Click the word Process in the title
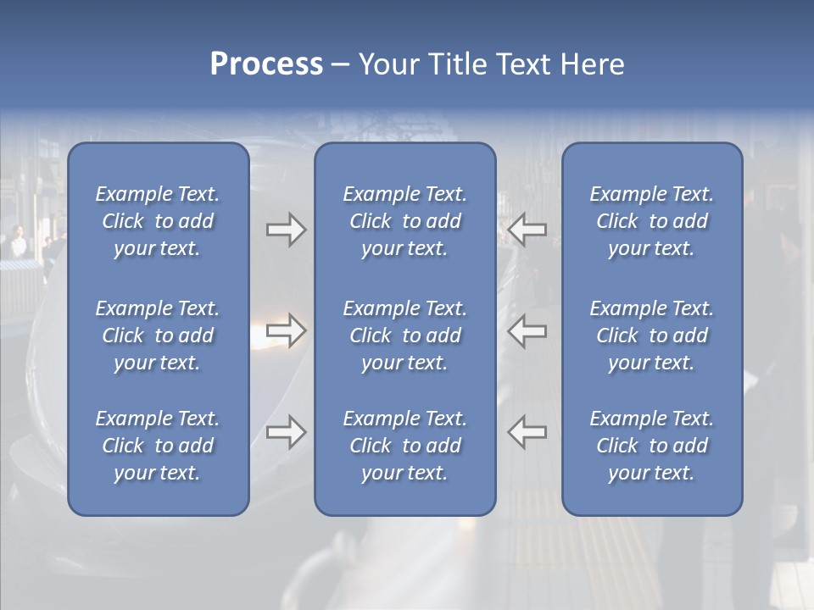(266, 64)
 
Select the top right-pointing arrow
(286, 230)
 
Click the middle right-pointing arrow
(286, 330)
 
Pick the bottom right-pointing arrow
(286, 431)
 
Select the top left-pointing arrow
(527, 230)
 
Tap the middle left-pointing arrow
(527, 330)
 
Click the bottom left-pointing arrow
(527, 431)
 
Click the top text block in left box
(158, 221)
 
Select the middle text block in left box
(158, 335)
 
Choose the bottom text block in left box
(158, 446)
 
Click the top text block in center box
(404, 221)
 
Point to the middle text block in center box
(404, 335)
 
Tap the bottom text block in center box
(404, 446)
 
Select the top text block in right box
(651, 221)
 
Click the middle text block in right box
(651, 335)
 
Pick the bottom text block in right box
(651, 446)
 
